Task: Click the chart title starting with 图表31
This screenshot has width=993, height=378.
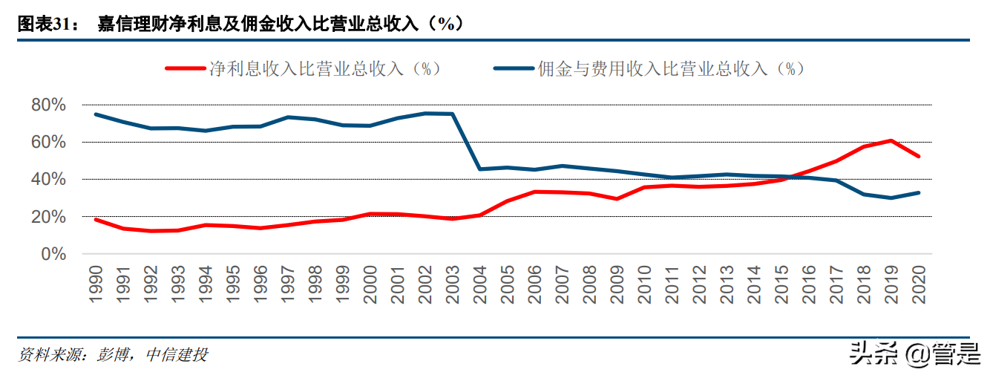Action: [241, 24]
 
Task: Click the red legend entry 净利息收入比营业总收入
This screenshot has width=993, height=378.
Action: [304, 69]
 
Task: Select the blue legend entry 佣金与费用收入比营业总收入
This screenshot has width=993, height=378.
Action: [650, 69]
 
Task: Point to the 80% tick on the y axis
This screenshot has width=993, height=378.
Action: [49, 105]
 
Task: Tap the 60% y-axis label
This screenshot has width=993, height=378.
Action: [49, 142]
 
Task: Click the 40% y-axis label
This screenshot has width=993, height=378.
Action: [49, 179]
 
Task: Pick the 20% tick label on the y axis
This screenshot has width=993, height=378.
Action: [49, 217]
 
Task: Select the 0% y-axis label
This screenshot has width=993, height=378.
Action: [53, 254]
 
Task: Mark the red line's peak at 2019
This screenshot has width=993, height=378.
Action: [891, 140]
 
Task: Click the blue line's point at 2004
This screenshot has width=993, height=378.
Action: [480, 169]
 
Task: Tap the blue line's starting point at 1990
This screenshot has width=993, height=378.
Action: [96, 114]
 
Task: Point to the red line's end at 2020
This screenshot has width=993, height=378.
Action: [920, 156]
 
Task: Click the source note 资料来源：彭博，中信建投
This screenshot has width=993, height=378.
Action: [113, 355]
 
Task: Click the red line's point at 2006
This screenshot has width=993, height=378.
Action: [535, 192]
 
